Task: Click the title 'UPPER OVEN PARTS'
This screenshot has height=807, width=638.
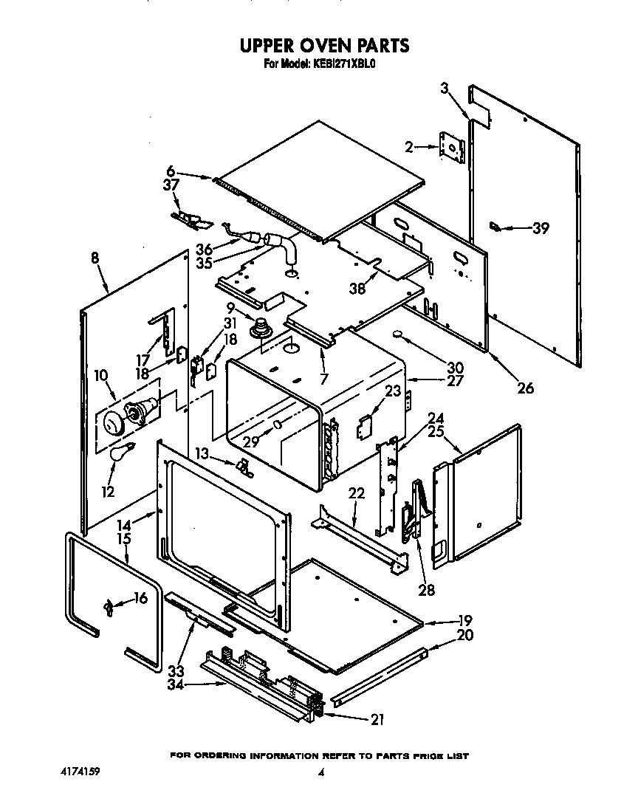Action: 324,46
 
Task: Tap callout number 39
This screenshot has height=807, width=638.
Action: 541,229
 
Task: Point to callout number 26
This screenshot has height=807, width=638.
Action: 525,388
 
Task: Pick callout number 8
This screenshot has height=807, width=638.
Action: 95,259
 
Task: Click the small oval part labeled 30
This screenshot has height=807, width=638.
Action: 399,334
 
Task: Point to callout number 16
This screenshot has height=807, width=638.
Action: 140,598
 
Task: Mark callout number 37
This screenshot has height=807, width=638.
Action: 171,185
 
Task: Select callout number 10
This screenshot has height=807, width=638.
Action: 100,377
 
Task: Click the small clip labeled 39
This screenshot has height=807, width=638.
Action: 496,227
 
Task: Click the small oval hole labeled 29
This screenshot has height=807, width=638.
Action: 278,426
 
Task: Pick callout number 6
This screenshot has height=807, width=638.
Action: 171,171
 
